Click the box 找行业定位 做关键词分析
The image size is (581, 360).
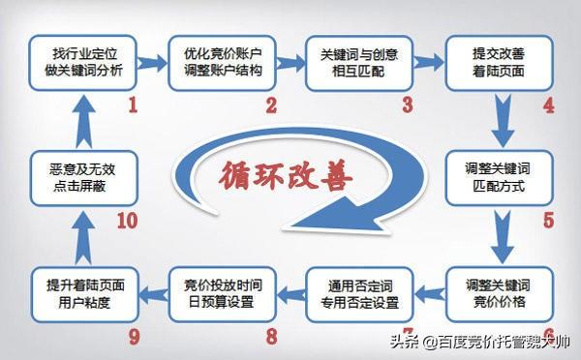82,60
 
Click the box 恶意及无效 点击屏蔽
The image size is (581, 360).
82,174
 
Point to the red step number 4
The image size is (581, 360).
548,105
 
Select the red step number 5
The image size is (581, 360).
548,220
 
